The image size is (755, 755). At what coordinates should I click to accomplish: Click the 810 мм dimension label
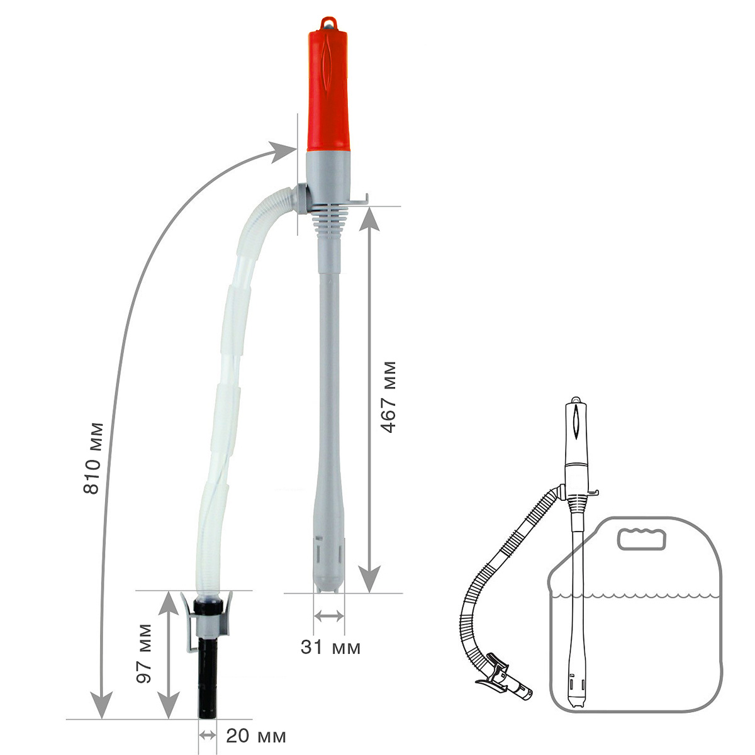pos(94,458)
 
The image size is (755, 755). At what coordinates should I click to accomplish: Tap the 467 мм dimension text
pos(388,397)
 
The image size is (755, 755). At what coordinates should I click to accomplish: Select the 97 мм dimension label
pos(144,658)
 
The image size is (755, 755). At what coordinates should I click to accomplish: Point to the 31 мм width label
pos(330,647)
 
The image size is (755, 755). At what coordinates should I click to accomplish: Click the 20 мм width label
pos(256,735)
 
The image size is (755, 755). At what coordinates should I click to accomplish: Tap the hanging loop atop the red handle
pos(328,23)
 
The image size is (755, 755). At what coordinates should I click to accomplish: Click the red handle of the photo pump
pos(328,89)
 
